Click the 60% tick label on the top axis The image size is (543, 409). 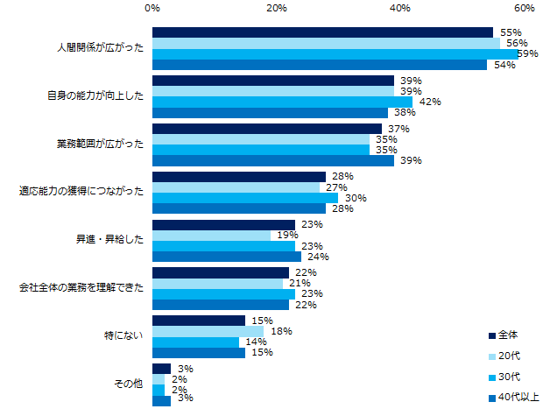click(524, 9)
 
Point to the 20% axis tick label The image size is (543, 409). click(277, 9)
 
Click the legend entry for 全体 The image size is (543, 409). click(508, 335)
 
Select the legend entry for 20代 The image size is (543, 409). click(508, 356)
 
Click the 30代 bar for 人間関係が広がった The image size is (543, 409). click(335, 53)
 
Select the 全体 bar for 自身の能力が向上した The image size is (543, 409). click(273, 80)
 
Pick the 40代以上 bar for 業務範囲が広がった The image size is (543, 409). click(273, 160)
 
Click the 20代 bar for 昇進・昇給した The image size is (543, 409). click(211, 235)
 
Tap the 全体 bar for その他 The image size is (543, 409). click(161, 369)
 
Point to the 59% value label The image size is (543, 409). click(527, 53)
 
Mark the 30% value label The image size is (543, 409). click(355, 198)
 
